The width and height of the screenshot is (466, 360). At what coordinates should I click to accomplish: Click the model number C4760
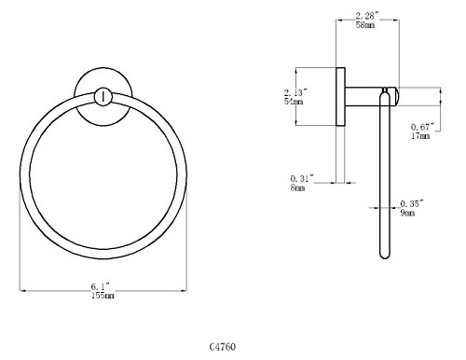tap(223, 346)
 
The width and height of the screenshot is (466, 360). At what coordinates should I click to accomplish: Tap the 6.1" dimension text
tap(101, 286)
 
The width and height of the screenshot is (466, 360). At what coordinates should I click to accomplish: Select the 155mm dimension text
tap(103, 296)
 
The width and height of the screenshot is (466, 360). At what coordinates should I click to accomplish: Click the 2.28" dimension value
tap(367, 16)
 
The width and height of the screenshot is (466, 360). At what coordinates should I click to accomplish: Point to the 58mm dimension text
tap(365, 25)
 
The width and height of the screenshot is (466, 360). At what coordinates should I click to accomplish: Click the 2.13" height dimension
tap(295, 92)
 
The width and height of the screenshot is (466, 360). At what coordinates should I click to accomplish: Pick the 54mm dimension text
tap(294, 102)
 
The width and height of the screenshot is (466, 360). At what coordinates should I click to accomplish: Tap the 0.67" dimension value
tap(422, 127)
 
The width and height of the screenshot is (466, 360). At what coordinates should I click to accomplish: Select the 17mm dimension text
tap(420, 135)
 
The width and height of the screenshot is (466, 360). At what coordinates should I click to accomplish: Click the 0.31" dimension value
tap(302, 179)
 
